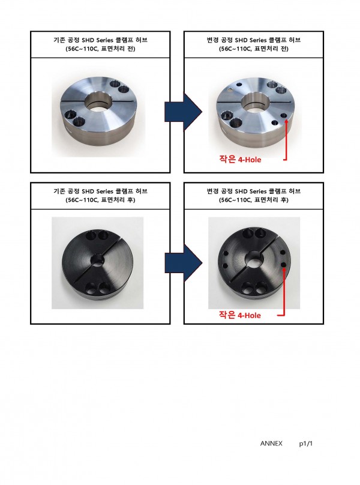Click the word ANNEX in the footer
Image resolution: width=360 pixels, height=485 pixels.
coord(271,443)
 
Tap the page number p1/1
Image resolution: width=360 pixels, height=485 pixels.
coord(305,444)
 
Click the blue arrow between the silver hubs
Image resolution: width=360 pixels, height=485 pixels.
coord(183,112)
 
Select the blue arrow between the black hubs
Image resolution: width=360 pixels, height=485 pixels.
coord(183,263)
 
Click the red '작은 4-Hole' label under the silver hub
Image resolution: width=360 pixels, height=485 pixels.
coord(240,159)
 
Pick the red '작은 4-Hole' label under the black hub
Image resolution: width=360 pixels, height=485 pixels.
coord(240,315)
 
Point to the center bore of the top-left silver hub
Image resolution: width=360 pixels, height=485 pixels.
coord(98,104)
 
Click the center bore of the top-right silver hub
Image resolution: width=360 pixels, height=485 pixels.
coord(254,104)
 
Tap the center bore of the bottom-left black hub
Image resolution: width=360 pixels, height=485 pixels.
coord(98,260)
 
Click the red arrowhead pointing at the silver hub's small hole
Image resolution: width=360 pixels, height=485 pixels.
coord(286,121)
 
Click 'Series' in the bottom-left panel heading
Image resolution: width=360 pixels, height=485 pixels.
coord(104,191)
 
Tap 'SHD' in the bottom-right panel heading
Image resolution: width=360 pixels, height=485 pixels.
coord(241,191)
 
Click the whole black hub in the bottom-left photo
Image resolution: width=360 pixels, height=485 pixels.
coord(97,264)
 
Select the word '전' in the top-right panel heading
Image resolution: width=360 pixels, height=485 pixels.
coord(284,49)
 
